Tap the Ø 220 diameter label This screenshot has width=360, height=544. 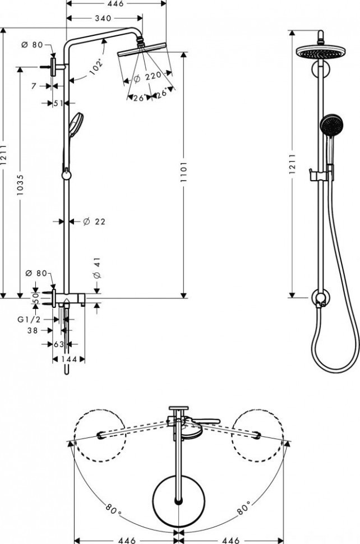(x=147, y=76)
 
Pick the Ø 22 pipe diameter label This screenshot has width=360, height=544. (x=94, y=222)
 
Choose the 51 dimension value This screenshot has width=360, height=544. (x=58, y=103)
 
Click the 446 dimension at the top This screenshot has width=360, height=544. (x=117, y=4)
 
